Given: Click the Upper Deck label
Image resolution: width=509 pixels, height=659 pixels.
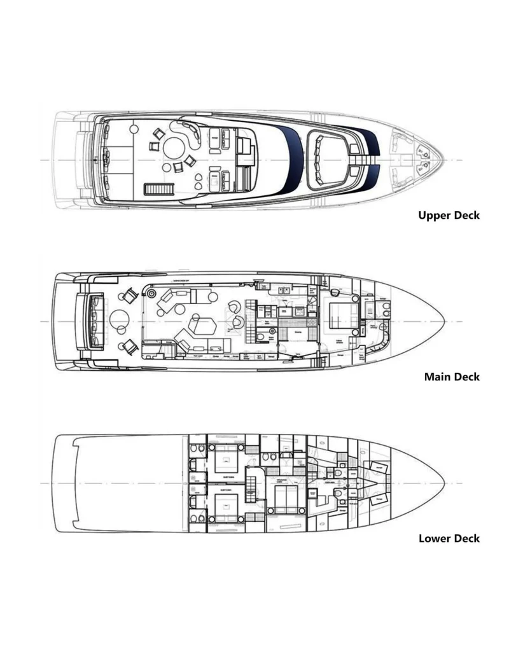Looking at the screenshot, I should [449, 215].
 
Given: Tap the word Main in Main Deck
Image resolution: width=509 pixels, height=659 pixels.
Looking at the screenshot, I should [437, 377].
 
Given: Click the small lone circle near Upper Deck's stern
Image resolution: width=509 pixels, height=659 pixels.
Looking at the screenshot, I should [134, 129].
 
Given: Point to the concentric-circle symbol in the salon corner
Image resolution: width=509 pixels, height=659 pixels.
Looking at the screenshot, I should [152, 292].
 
